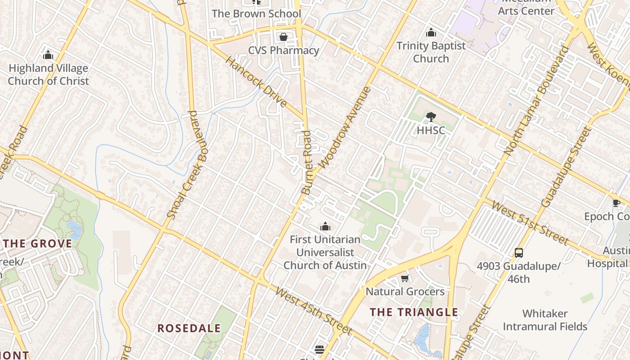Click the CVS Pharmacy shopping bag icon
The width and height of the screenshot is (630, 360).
tap(283, 36)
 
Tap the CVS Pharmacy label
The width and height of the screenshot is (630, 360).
tap(283, 50)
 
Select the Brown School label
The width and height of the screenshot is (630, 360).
tap(256, 13)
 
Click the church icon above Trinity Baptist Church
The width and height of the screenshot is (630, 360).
tap(431, 32)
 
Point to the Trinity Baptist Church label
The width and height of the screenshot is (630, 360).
tap(431, 52)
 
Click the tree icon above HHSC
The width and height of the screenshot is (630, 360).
tap(431, 117)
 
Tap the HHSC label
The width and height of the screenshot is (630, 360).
tap(431, 130)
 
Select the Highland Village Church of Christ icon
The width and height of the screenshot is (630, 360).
tap(48, 55)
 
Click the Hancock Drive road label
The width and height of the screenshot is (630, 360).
tap(256, 82)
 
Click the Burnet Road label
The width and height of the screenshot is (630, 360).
tap(307, 162)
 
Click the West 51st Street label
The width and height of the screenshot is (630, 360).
tap(530, 223)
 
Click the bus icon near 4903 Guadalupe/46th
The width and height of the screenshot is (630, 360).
tap(519, 252)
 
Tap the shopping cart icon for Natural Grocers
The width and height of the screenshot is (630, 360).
tap(405, 279)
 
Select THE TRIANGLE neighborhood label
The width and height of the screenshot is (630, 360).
tap(414, 312)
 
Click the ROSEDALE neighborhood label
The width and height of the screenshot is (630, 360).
tap(189, 328)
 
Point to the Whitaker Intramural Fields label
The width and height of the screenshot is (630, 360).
tap(545, 320)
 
